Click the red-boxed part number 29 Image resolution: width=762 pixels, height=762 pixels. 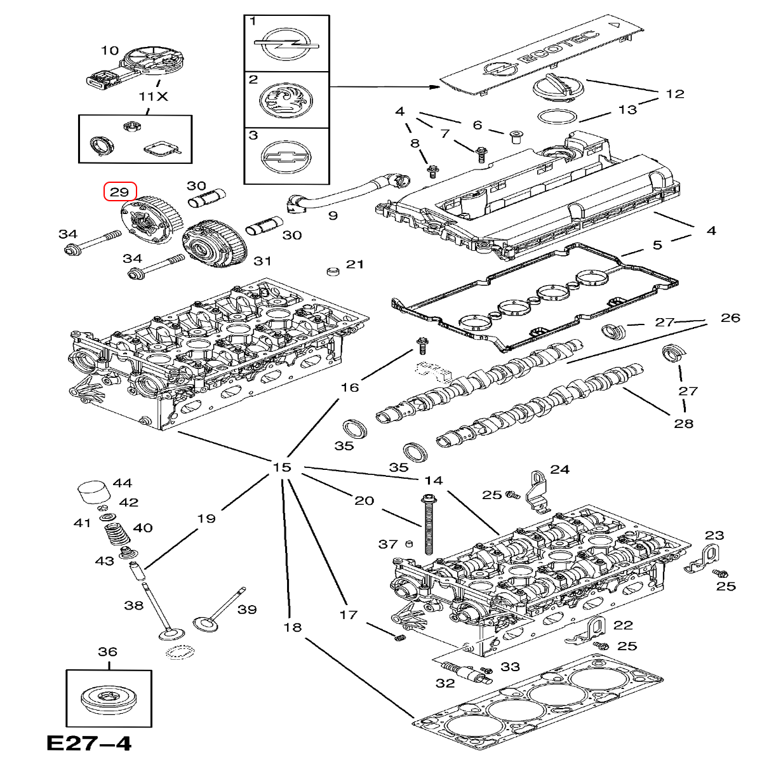coord(120,192)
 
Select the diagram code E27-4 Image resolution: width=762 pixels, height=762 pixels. coord(89,743)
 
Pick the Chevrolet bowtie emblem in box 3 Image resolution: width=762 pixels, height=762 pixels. coord(286,156)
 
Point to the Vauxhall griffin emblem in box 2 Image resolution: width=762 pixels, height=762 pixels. coord(286,100)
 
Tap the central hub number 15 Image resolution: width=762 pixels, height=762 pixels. coord(281,468)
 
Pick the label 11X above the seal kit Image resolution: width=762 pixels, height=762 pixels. coord(153,97)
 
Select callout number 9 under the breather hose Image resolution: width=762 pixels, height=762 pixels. coord(333,215)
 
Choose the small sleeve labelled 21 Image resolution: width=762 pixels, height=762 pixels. coord(332,272)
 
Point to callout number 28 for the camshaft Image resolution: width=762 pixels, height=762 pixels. coord(683,424)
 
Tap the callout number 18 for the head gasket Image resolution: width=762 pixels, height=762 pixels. coord(292,627)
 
